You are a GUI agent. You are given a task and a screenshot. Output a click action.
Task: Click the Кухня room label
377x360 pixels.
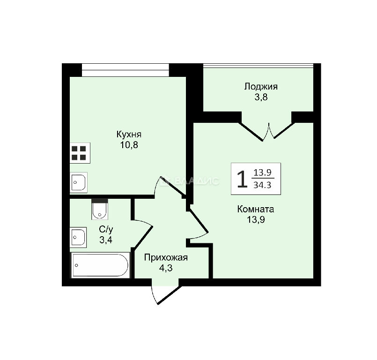click(x=129, y=134)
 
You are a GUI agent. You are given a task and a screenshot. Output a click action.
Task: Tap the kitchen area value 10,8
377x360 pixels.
click(x=129, y=145)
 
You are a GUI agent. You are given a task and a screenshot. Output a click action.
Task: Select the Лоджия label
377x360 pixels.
click(x=261, y=87)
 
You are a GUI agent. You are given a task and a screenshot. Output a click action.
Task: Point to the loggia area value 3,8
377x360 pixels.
click(x=261, y=97)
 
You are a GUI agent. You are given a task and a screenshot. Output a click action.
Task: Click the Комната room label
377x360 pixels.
click(x=256, y=209)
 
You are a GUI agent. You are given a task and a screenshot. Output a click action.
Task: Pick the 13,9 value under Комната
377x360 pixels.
click(x=256, y=220)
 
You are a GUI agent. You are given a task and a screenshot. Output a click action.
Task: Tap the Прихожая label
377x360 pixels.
click(x=166, y=258)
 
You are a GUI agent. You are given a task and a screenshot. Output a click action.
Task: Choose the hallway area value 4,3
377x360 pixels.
click(x=166, y=268)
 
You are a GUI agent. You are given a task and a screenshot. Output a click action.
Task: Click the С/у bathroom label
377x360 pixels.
click(x=106, y=229)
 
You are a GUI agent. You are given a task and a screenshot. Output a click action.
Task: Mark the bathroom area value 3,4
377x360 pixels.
click(x=106, y=240)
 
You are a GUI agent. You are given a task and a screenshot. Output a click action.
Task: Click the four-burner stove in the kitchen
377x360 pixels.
click(x=80, y=153)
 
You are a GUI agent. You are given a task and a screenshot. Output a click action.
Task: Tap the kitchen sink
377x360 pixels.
click(x=78, y=182)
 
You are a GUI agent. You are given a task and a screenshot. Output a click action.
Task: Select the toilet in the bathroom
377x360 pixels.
click(x=100, y=209)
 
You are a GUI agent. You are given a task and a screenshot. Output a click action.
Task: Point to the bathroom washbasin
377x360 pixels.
click(x=78, y=237)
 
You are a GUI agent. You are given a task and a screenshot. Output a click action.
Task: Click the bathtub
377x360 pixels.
click(x=100, y=265)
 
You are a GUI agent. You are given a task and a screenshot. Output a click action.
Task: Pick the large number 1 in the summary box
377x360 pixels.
click(x=242, y=179)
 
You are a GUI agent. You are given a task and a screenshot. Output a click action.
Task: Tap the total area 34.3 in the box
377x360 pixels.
click(x=262, y=185)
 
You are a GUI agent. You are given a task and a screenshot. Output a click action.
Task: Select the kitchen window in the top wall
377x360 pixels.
click(x=125, y=70)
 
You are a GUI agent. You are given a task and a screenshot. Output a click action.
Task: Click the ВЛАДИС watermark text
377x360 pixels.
click(x=190, y=181)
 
